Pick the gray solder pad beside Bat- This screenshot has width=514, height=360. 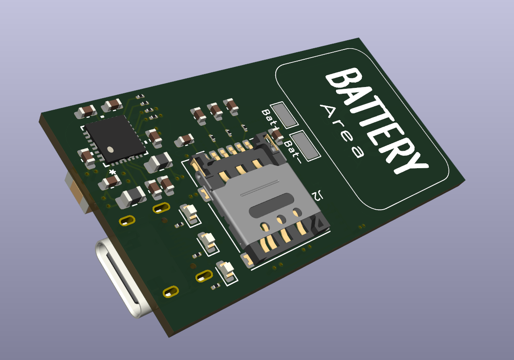304,145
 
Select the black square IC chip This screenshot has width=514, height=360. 116,139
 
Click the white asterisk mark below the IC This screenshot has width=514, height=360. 112,172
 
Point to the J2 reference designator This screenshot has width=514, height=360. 318,195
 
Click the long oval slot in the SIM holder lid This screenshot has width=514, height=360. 272,209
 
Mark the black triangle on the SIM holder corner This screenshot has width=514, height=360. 320,223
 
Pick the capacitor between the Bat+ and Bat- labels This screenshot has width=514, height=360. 277,134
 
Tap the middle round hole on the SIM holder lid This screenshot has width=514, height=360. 281,219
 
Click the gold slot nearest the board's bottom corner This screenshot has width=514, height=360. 170,292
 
